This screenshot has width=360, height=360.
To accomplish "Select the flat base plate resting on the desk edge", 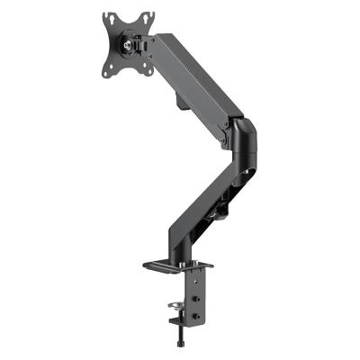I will pyautogui.click(x=175, y=266).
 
